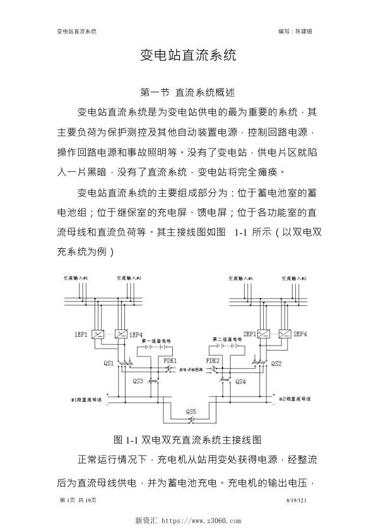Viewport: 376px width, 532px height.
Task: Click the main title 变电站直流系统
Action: [187, 56]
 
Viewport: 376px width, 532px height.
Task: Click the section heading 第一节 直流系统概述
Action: [187, 92]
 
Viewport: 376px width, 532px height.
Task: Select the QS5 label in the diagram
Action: [191, 411]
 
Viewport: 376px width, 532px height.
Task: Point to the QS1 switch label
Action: [109, 363]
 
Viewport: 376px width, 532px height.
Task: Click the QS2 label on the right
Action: [276, 363]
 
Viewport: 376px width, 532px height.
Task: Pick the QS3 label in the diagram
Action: [138, 381]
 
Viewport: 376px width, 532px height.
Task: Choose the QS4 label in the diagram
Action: [240, 381]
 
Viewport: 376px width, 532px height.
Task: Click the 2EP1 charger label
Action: [248, 334]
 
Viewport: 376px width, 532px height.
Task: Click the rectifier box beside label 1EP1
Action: [98, 334]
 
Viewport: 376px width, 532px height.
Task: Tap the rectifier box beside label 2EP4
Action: [285, 334]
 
